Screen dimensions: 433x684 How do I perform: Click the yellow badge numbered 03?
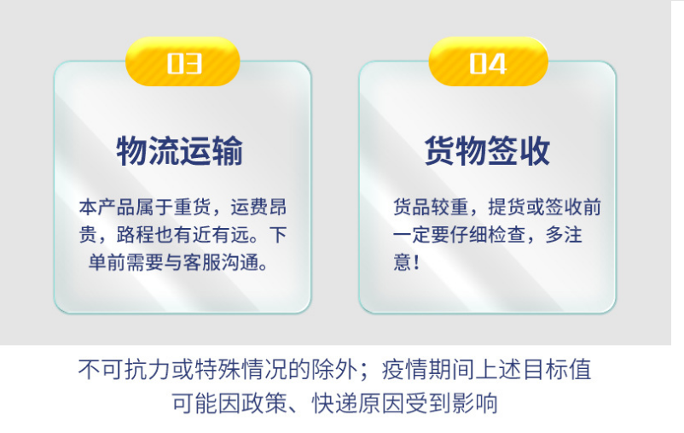(183, 64)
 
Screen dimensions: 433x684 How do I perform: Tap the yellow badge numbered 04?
(488, 64)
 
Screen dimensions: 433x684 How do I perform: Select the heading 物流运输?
(180, 152)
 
